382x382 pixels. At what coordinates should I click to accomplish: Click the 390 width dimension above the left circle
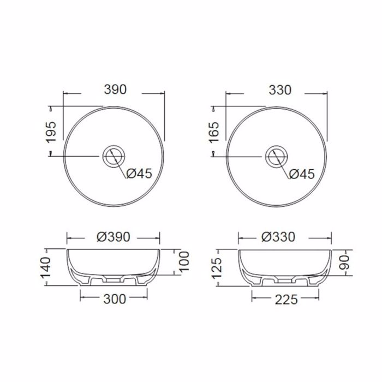(115, 89)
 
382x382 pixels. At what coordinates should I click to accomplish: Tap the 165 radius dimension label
(213, 132)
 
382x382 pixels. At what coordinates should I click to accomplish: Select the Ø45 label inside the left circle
(139, 174)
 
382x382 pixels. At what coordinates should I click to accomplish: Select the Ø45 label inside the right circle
(301, 174)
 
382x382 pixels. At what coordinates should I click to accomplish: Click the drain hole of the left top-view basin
(114, 156)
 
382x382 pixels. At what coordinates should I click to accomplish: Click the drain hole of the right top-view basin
(276, 156)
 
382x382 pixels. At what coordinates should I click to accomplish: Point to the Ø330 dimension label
(277, 237)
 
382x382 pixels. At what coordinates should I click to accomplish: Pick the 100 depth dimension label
(183, 262)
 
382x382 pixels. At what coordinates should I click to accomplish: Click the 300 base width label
(114, 299)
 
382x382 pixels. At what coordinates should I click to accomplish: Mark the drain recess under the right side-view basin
(284, 279)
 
